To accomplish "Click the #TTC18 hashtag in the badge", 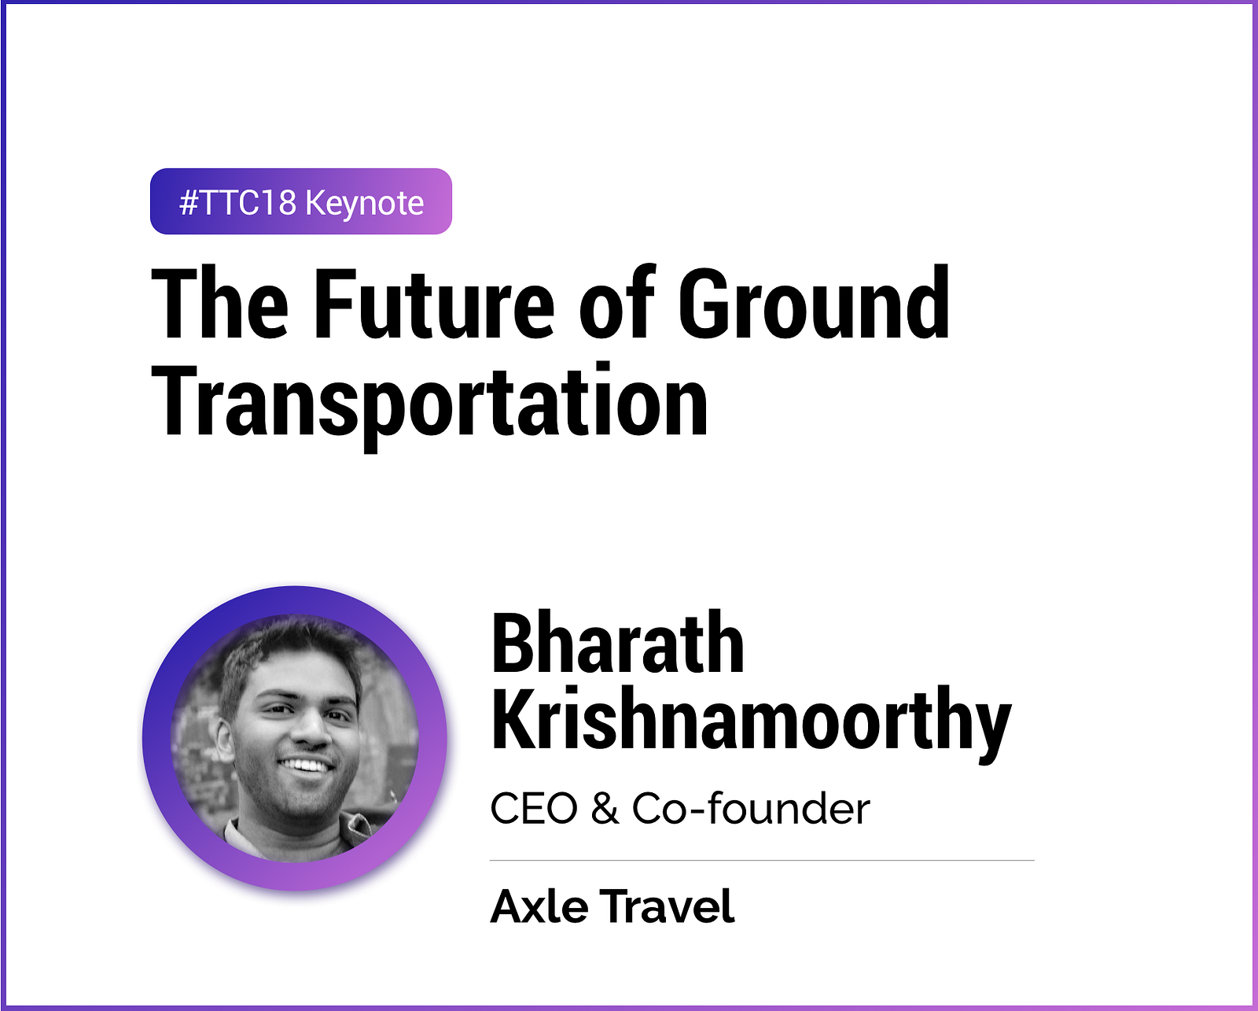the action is tap(237, 203).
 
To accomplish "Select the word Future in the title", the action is tap(434, 304).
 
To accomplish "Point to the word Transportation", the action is tap(429, 403).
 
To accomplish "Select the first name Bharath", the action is tap(617, 643).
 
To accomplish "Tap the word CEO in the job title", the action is tap(534, 809).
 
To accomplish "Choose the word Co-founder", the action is tap(751, 808).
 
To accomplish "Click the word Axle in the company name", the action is tap(539, 906).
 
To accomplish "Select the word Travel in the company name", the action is tap(668, 906).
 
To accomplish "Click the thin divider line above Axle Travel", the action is tap(762, 861).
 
